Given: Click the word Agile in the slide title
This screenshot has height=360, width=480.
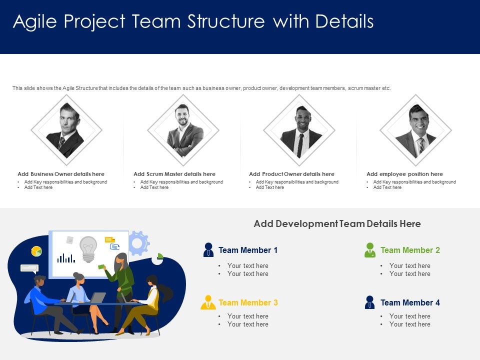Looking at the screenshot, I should tap(33, 22).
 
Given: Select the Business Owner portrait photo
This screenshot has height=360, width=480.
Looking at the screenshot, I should tap(66, 130).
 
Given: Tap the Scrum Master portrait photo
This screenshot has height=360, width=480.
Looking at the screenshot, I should tap(183, 130).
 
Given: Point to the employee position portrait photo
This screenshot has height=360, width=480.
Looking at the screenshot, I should tap(415, 130).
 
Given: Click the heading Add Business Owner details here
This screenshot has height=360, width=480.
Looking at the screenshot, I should tap(61, 174).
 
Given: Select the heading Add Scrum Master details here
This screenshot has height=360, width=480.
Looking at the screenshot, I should tap(174, 174).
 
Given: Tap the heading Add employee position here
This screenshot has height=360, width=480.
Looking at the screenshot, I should tap(404, 174).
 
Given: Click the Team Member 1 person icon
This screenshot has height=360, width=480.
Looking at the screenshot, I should tap(208, 249).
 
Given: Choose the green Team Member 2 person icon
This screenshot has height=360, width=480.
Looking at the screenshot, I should tap(370, 250).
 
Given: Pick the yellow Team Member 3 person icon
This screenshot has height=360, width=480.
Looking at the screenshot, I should tap(208, 302).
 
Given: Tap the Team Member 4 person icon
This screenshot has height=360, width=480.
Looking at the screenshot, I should tap(370, 302).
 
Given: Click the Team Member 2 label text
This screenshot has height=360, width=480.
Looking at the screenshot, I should tap(410, 250).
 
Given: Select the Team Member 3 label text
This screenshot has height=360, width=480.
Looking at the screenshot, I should tap(248, 302).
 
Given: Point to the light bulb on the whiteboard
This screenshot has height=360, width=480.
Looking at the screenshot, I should tap(88, 248).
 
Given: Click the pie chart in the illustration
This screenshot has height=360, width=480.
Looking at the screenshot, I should tap(36, 251).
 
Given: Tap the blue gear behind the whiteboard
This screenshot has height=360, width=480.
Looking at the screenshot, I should tap(139, 243).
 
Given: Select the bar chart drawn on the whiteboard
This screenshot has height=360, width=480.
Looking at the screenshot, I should tap(66, 258).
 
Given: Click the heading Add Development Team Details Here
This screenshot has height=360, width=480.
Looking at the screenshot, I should tap(337, 223).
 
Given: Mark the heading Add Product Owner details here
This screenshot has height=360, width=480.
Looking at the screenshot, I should tap(291, 174).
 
